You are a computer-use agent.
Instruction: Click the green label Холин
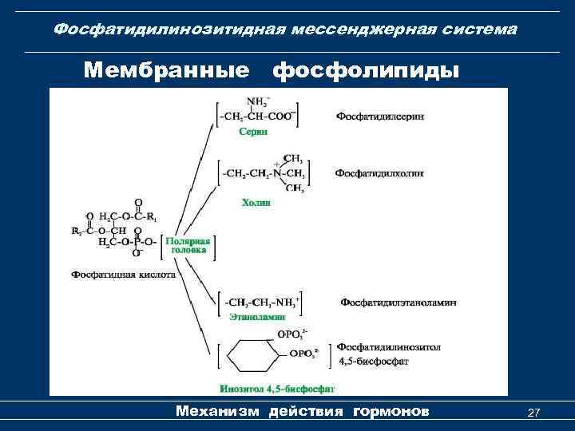pyautogui.click(x=256, y=203)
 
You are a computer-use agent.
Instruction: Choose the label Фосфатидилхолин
pyautogui.click(x=379, y=173)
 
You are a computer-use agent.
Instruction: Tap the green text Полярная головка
pyautogui.click(x=188, y=245)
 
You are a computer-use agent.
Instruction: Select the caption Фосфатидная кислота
pyautogui.click(x=123, y=274)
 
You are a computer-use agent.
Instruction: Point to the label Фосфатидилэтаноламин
pyautogui.click(x=399, y=302)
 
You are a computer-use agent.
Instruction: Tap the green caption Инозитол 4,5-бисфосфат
pyautogui.click(x=276, y=389)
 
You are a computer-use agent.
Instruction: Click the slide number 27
pyautogui.click(x=534, y=413)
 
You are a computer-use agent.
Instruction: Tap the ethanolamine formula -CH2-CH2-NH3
pyautogui.click(x=260, y=302)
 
